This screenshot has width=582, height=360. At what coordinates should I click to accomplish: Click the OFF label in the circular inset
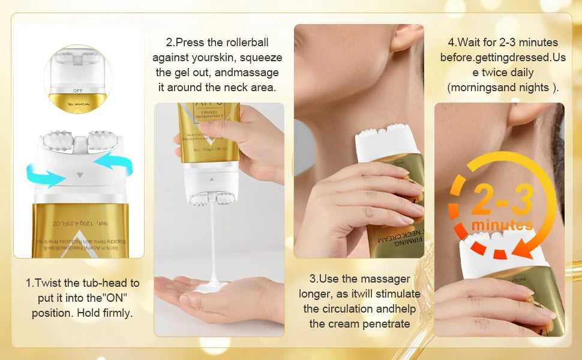pos(77,90)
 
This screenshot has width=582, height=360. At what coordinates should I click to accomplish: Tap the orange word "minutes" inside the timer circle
pos(502,225)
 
